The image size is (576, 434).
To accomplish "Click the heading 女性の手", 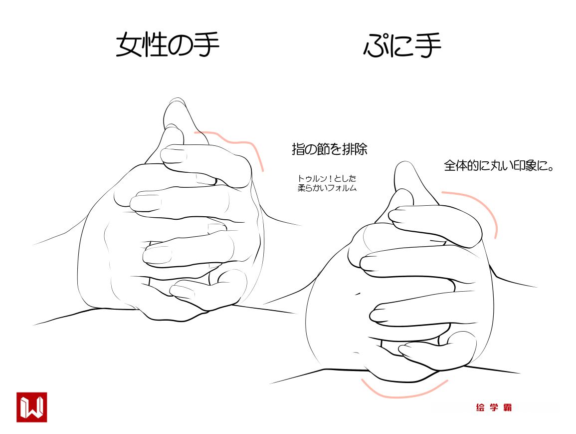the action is click(x=168, y=45).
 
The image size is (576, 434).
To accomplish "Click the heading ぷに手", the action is click(x=402, y=45).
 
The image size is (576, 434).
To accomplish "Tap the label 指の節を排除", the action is click(x=330, y=149).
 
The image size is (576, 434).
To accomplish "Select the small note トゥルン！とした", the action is click(x=327, y=178).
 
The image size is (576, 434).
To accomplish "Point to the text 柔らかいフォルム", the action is click(x=327, y=188).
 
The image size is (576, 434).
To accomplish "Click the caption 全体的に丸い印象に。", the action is click(x=499, y=165).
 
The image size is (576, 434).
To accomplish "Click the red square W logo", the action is click(x=32, y=407).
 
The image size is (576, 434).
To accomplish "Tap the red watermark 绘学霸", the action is click(x=494, y=407).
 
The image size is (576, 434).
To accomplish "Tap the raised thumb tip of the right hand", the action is click(x=404, y=164).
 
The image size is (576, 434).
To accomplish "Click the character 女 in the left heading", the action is click(x=129, y=45).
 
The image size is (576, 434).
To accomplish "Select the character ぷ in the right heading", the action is click(x=376, y=45).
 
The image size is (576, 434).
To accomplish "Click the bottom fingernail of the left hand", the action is click(x=182, y=292).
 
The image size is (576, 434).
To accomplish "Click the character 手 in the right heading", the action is click(x=428, y=45).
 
